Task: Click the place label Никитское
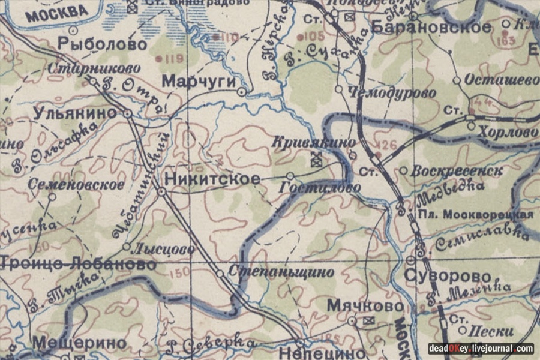212,179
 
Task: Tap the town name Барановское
431,26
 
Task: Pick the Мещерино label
80,343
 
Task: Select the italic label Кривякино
314,142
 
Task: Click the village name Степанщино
281,271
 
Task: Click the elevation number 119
173,59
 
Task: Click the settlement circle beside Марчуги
241,92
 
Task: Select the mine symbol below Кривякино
316,160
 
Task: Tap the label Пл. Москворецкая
476,215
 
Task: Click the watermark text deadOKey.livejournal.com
481,348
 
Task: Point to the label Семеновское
76,184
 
